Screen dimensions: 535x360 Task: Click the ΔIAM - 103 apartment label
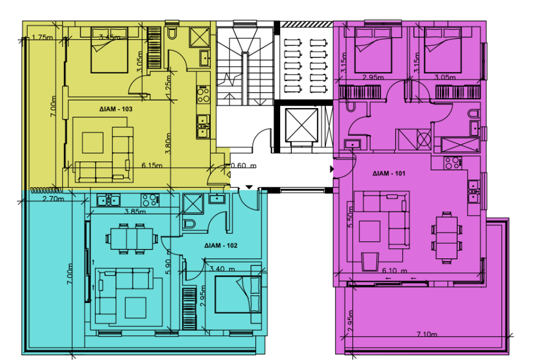click(116, 109)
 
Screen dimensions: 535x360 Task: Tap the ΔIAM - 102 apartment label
click(221, 245)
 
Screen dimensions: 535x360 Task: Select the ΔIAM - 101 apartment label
click(389, 173)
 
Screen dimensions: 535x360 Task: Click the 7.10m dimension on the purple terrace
click(426, 334)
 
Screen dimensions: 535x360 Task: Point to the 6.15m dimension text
click(152, 166)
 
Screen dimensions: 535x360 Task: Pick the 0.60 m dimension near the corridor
click(244, 166)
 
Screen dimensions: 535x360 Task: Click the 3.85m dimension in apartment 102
click(134, 211)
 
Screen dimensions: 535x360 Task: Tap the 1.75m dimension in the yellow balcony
click(42, 37)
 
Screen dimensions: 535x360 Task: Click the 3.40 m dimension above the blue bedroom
click(222, 269)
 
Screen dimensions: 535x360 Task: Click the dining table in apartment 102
click(132, 239)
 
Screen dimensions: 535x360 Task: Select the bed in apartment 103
click(109, 50)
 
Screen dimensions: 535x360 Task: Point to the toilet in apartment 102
click(189, 224)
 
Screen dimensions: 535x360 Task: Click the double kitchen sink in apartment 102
click(108, 200)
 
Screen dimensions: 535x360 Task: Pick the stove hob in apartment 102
click(150, 200)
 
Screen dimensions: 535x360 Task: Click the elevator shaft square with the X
click(301, 125)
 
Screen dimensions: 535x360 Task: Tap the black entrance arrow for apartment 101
click(332, 169)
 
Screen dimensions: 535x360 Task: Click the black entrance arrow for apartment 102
click(250, 187)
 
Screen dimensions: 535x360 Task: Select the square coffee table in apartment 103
click(93, 143)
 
